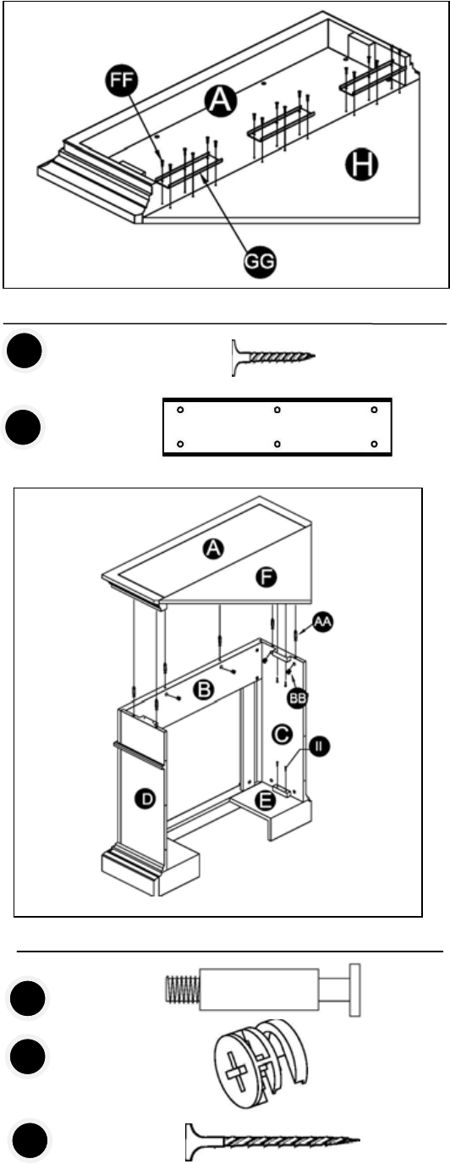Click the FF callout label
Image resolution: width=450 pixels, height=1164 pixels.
[x=122, y=81]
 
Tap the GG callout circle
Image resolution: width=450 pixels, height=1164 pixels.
[x=260, y=261]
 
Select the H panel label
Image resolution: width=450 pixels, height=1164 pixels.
[x=362, y=165]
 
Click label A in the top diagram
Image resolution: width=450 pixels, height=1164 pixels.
[x=221, y=100]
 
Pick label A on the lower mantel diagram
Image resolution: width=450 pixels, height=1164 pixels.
[x=214, y=549]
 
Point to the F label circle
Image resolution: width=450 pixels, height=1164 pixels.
[x=266, y=577]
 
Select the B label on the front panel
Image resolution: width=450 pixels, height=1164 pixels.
[x=204, y=690]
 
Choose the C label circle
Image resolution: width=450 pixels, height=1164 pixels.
[x=283, y=735]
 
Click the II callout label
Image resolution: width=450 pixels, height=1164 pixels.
[x=319, y=747]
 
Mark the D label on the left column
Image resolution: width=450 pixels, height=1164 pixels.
[x=146, y=798]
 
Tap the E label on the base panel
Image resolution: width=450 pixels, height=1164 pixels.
[x=266, y=801]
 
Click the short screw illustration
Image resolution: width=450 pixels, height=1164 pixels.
[x=273, y=357]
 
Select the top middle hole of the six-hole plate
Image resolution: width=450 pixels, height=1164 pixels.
[x=277, y=410]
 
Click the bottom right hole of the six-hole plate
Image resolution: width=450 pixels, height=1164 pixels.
[x=374, y=444]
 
